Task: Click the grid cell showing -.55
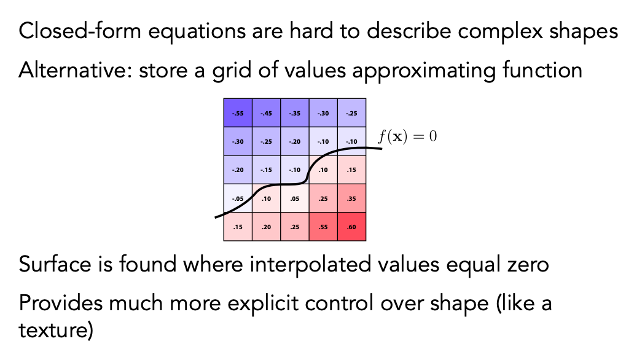(x=238, y=112)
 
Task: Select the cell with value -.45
(x=266, y=112)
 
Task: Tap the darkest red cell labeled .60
(x=351, y=227)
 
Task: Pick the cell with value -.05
(x=238, y=198)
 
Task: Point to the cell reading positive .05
(x=295, y=198)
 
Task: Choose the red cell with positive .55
(x=323, y=227)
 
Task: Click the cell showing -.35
(x=295, y=112)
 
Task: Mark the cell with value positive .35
(x=351, y=198)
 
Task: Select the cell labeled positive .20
(x=266, y=227)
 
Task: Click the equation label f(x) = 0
(x=407, y=136)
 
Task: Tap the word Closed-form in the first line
(x=80, y=31)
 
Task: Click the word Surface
(x=55, y=264)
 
